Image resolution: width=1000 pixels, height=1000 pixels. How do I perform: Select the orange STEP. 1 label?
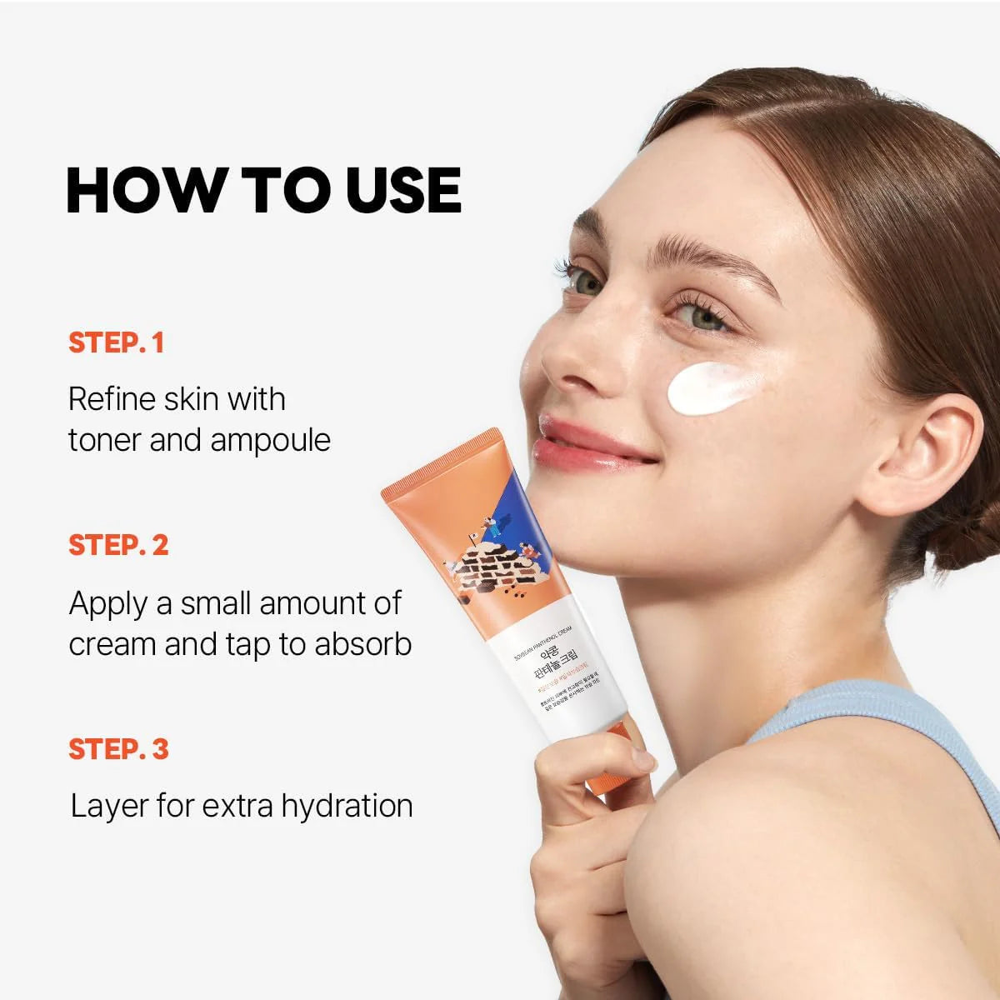coord(117,342)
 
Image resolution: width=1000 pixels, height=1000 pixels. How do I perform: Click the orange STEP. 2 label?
coord(118,545)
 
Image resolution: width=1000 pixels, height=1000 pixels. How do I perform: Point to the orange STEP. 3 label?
coord(118,748)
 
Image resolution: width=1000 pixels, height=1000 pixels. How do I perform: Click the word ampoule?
coord(270,440)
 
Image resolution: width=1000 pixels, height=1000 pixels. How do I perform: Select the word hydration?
coord(347,806)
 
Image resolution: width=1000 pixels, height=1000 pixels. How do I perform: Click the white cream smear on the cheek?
coord(714,387)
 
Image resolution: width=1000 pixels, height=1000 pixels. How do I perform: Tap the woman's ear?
coord(917,450)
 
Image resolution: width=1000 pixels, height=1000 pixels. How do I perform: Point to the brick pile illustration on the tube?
coord(492,575)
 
